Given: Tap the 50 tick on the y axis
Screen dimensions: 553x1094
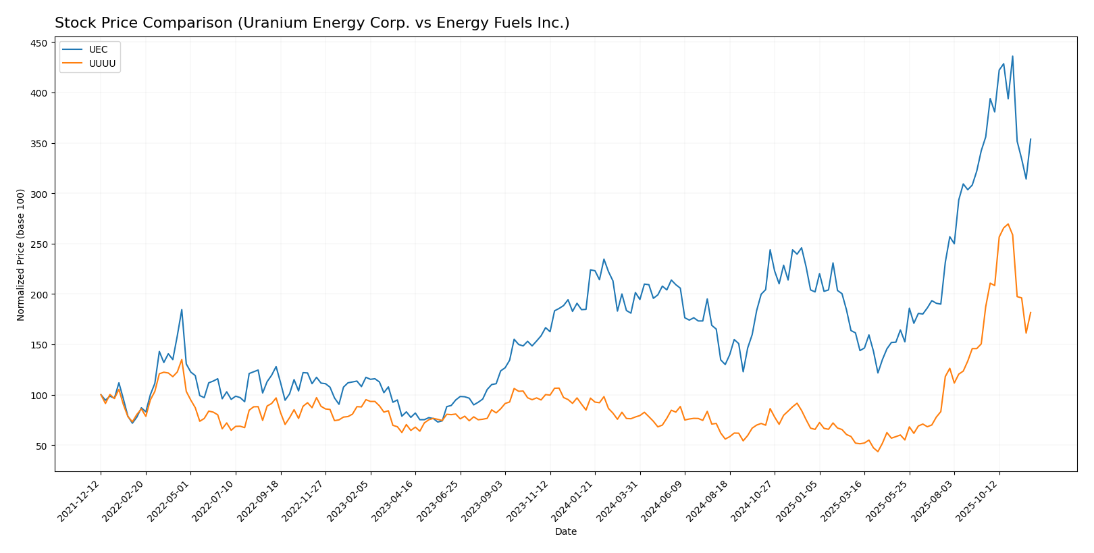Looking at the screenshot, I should click(x=42, y=446).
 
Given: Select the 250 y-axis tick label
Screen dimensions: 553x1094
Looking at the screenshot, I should click(x=39, y=244).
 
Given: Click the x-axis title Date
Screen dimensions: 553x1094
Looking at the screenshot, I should click(x=565, y=532).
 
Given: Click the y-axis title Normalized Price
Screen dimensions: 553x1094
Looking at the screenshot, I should click(x=21, y=255).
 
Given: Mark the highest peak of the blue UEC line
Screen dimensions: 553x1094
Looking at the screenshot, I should click(x=1012, y=57).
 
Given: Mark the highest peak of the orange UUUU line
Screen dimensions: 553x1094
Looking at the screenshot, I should click(x=1008, y=224).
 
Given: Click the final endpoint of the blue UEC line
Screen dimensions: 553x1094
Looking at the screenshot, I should click(x=1031, y=139).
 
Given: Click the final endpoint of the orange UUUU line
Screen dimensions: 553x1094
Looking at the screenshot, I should click(x=1031, y=312).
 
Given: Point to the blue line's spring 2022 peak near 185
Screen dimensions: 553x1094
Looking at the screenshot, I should click(x=182, y=310).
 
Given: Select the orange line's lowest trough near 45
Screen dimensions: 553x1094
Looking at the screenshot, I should click(x=878, y=451).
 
